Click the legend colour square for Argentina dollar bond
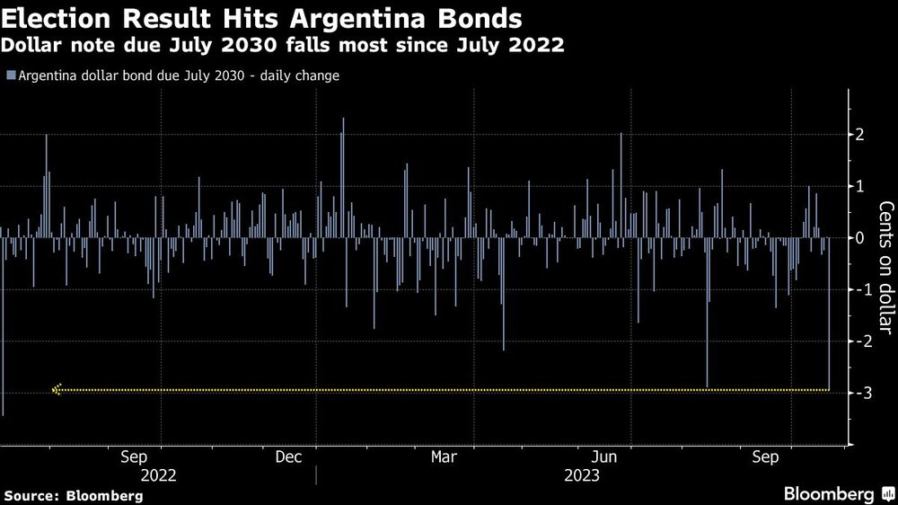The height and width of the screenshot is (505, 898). click(10, 75)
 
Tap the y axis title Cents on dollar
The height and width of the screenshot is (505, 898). click(885, 270)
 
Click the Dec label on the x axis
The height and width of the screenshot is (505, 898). click(289, 457)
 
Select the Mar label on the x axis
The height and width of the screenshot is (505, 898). click(445, 457)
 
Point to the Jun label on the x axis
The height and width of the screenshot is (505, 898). click(604, 457)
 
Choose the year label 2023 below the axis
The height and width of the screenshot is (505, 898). click(582, 475)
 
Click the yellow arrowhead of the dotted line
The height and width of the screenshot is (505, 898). click(57, 390)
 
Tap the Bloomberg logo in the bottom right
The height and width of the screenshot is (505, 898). click(830, 494)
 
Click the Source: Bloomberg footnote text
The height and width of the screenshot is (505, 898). click(74, 495)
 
